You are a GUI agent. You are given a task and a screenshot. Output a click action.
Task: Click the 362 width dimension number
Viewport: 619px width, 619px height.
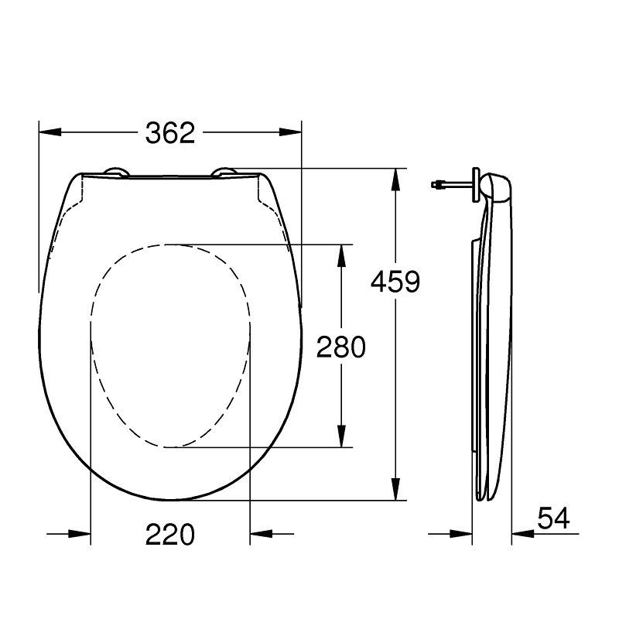[169, 133]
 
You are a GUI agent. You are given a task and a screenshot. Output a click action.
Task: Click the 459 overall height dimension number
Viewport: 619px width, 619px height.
[395, 282]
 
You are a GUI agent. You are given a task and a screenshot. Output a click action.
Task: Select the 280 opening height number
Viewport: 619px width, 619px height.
[340, 347]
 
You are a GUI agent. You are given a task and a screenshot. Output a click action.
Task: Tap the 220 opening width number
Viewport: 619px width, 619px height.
[169, 534]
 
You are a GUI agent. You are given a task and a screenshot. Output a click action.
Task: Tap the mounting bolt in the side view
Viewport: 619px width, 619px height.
[449, 185]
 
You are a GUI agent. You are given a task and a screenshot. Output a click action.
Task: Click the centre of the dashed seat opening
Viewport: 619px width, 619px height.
[171, 346]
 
